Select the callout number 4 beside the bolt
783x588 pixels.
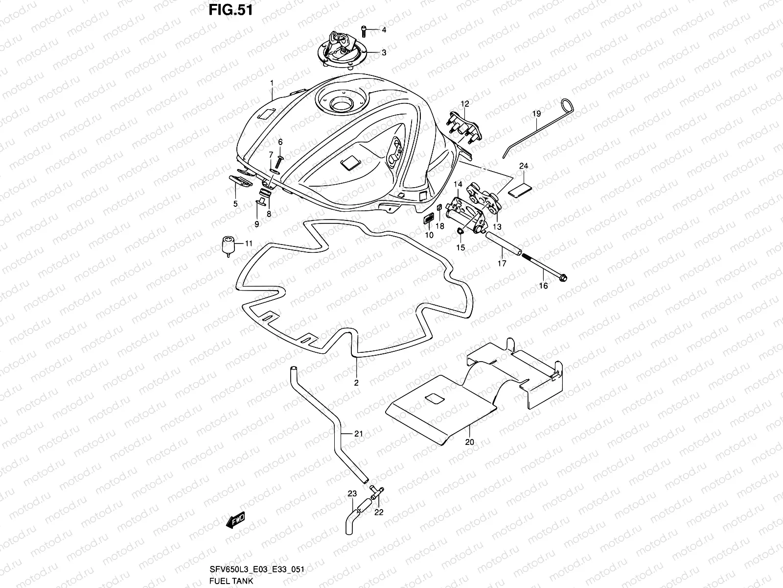click(x=384, y=30)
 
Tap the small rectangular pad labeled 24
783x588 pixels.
click(x=520, y=189)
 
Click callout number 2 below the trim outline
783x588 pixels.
click(x=356, y=383)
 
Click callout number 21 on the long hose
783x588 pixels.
click(x=358, y=433)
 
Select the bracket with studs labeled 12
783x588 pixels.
click(x=465, y=127)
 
